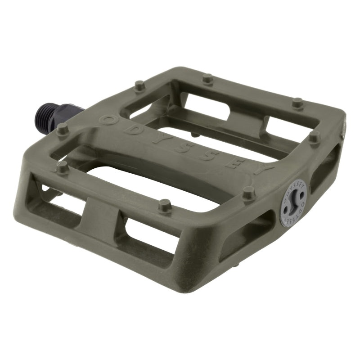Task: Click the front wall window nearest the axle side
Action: click(x=58, y=198)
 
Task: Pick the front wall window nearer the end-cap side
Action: click(x=144, y=236)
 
